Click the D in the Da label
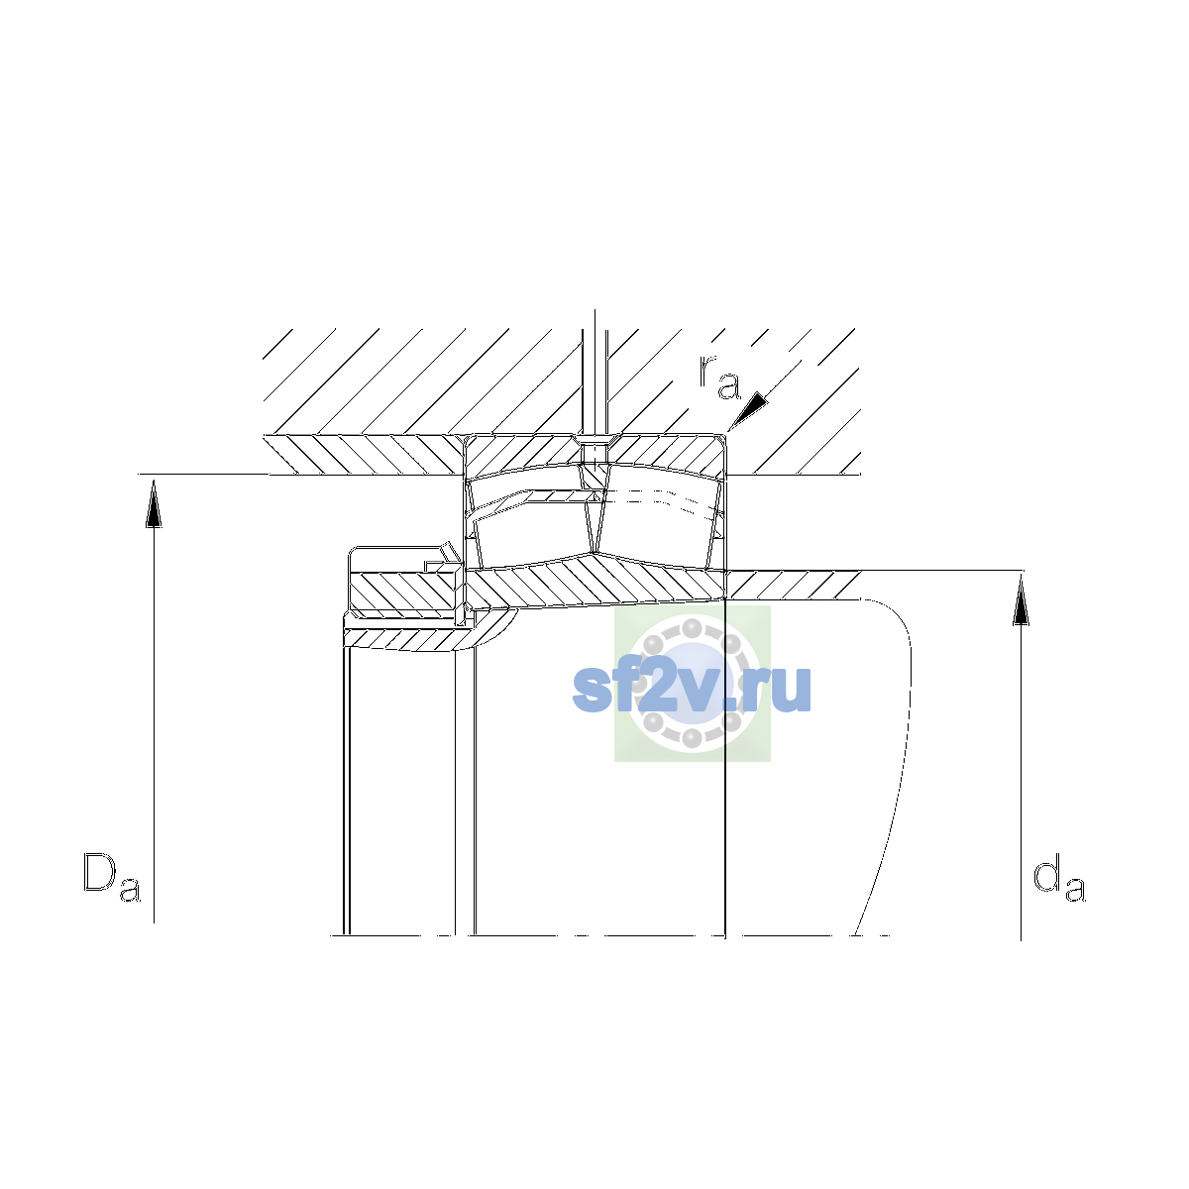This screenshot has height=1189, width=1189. [99, 872]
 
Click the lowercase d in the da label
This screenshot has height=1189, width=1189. [1045, 872]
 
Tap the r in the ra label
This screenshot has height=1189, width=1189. [707, 371]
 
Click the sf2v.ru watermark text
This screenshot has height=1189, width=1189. [692, 689]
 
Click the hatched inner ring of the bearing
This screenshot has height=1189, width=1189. [595, 582]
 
